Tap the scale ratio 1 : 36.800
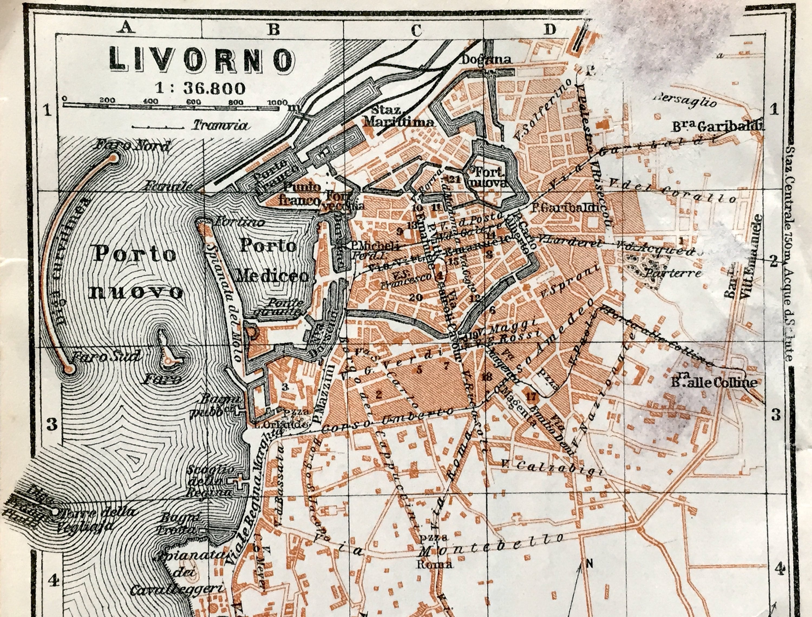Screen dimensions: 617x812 (x=200, y=88)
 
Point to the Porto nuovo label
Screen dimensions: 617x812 (x=136, y=273)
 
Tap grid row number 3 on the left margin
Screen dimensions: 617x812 (x=51, y=424)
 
